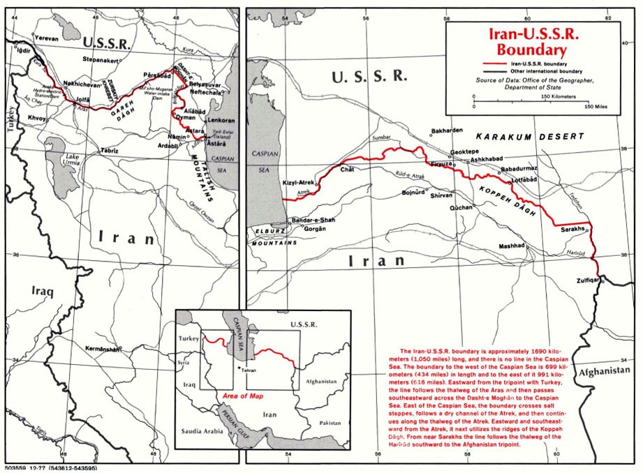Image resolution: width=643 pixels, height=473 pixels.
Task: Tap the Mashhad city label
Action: [x=510, y=246]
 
